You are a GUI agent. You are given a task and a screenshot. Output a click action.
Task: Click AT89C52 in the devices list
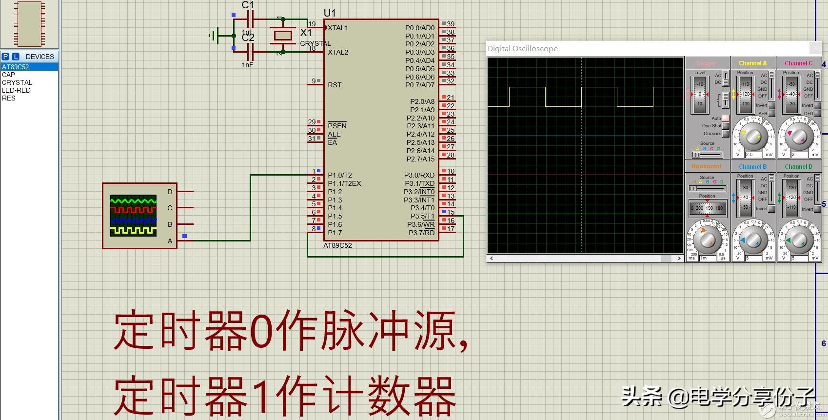[x=16, y=67]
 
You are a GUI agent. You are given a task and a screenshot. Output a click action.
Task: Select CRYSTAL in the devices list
[x=17, y=82]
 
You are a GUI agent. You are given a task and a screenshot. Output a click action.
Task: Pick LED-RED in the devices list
[x=16, y=90]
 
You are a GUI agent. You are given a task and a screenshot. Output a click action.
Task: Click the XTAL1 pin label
[x=338, y=28]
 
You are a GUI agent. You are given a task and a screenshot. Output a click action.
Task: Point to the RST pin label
[x=335, y=85]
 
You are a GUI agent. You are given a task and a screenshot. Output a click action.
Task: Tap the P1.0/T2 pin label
[x=340, y=175]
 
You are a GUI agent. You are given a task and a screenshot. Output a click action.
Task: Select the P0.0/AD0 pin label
[x=420, y=28]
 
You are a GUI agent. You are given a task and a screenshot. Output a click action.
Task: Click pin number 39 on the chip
[x=451, y=24]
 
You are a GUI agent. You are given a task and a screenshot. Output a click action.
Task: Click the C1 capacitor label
[x=248, y=5]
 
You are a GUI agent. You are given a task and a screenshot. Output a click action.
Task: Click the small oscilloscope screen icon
[x=133, y=216]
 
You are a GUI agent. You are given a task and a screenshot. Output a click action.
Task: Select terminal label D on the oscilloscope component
[x=170, y=192]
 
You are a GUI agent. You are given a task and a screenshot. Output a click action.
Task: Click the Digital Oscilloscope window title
[x=523, y=49]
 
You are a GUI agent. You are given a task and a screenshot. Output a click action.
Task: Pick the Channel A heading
[x=752, y=63]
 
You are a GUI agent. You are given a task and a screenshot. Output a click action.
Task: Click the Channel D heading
[x=798, y=167]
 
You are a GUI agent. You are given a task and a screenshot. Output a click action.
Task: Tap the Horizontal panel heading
[x=706, y=167]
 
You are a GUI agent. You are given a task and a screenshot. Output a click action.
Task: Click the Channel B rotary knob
[x=753, y=240]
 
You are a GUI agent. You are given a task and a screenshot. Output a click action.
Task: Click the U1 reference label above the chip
[x=330, y=13]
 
